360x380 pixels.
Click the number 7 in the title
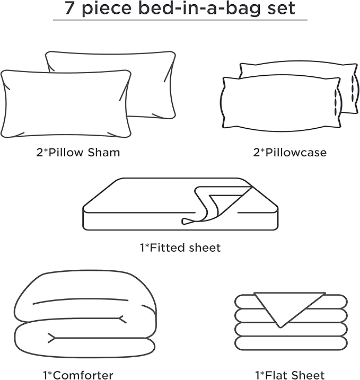pyautogui.click(x=69, y=8)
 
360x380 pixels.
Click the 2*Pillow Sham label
pyautogui.click(x=78, y=153)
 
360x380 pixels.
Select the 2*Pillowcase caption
pyautogui.click(x=289, y=153)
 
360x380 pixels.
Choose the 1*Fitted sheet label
pyautogui.click(x=180, y=248)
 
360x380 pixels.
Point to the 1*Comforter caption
pyautogui.click(x=78, y=375)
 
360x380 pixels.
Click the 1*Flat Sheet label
pyautogui.click(x=290, y=375)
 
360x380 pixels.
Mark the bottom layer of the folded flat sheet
pyautogui.click(x=291, y=343)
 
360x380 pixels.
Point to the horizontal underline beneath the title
pyautogui.click(x=180, y=20)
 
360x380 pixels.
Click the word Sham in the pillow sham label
pyautogui.click(x=104, y=153)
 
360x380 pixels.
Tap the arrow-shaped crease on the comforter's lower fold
pyautogui.click(x=52, y=338)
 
